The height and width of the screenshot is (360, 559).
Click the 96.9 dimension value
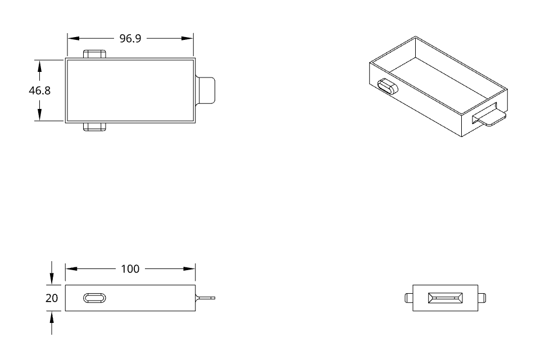pos(130,39)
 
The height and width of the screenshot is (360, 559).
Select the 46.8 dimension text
pos(39,90)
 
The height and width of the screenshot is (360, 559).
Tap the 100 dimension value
pos(130,269)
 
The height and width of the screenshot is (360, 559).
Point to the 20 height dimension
pos(52,298)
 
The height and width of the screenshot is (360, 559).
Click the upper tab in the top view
pos(94,54)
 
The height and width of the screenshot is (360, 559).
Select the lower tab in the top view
pos(94,127)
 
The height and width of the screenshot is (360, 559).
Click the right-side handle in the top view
pos(206,90)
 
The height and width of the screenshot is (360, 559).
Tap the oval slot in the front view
pos(94,298)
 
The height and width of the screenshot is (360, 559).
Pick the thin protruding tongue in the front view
pos(206,298)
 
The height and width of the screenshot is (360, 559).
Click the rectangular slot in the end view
pos(446,298)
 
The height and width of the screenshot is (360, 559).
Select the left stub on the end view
pos(408,298)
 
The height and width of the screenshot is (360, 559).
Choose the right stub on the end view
pos(482,298)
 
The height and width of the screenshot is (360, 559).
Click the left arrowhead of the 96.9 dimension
pos(73,39)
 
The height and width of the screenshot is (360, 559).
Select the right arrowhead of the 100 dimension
pos(189,269)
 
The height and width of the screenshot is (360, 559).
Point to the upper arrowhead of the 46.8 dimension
pos(39,66)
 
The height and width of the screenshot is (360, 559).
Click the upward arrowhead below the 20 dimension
pos(52,317)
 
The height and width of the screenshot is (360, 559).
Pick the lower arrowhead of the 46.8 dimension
pos(39,115)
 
